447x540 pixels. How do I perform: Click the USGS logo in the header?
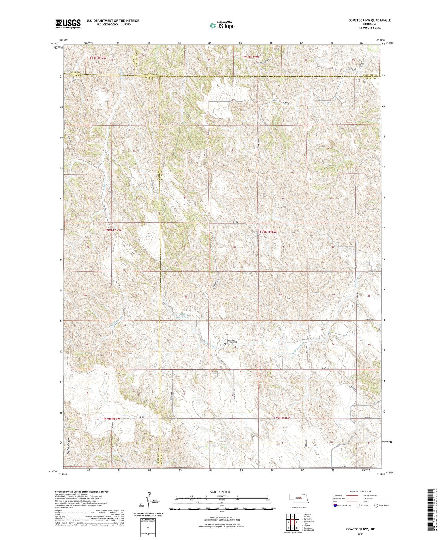click(x=68, y=24)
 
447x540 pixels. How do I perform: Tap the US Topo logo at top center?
click(x=222, y=25)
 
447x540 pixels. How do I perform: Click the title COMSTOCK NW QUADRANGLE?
click(x=369, y=20)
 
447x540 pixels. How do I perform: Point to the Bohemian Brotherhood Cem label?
click(x=231, y=342)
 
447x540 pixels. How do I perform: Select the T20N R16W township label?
click(x=268, y=232)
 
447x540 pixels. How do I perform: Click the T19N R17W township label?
click(x=111, y=419)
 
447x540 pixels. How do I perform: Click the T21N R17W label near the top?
click(x=98, y=58)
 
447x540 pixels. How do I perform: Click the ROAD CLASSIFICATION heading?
click(x=360, y=491)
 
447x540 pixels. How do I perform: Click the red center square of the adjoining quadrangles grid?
click(x=292, y=522)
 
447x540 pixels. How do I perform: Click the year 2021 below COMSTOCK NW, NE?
click(x=360, y=534)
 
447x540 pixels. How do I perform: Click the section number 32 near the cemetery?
click(x=235, y=347)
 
